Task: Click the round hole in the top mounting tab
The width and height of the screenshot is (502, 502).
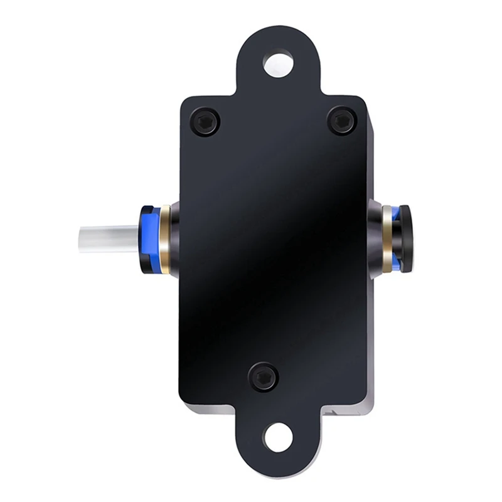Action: click(x=279, y=63)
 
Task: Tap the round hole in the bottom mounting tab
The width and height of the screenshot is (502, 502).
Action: click(x=279, y=437)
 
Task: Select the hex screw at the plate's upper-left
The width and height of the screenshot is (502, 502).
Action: click(x=205, y=122)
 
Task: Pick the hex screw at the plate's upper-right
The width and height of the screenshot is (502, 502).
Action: click(x=342, y=120)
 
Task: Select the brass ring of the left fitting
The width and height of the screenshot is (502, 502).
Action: click(x=164, y=239)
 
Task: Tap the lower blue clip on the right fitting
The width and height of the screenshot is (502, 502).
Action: click(x=395, y=263)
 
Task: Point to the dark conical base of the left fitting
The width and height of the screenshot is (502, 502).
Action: click(x=175, y=239)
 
